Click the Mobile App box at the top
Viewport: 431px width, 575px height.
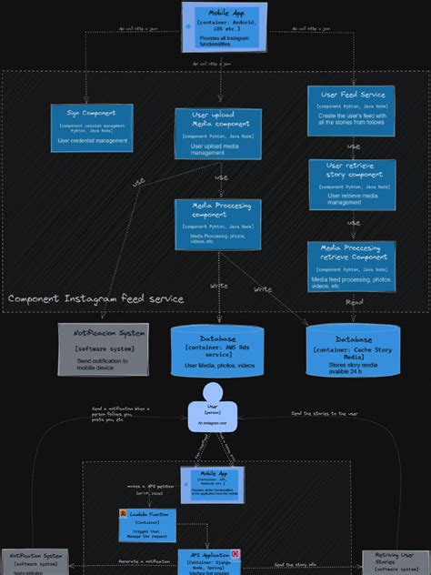[224, 26]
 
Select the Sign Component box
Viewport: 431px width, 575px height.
[92, 127]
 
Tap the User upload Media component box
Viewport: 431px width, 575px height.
[218, 134]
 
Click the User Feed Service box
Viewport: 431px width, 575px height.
[352, 110]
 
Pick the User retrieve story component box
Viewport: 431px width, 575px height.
[352, 184]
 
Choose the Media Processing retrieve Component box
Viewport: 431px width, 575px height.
[351, 266]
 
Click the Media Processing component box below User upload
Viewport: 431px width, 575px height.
[218, 224]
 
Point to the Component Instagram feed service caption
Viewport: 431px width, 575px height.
[95, 298]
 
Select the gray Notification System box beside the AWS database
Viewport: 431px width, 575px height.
[103, 348]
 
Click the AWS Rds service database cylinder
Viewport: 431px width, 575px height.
[217, 351]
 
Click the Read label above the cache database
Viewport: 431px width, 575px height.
[355, 302]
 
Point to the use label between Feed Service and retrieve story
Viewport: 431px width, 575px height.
[354, 146]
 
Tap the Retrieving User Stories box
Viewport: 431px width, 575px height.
[395, 562]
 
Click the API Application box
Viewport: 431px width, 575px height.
[209, 561]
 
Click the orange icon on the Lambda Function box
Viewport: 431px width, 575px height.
[124, 514]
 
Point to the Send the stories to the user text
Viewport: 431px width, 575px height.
[325, 413]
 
